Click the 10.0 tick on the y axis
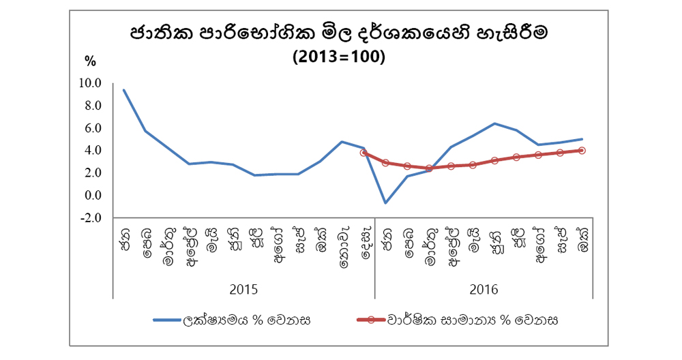coord(91,84)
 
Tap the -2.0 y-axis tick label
coord(91,218)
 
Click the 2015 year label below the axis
coord(243,289)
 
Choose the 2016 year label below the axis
coord(484,289)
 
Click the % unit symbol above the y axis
coord(90,61)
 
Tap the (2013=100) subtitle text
coord(339,57)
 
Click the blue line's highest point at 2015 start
coord(123,90)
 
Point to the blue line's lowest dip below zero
coord(386,203)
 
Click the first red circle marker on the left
coord(364,153)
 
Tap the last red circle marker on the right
coord(582,151)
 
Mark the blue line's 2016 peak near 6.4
coord(494,123)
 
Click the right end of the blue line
coord(582,139)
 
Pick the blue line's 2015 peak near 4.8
coord(342,142)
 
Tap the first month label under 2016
coord(387,238)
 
